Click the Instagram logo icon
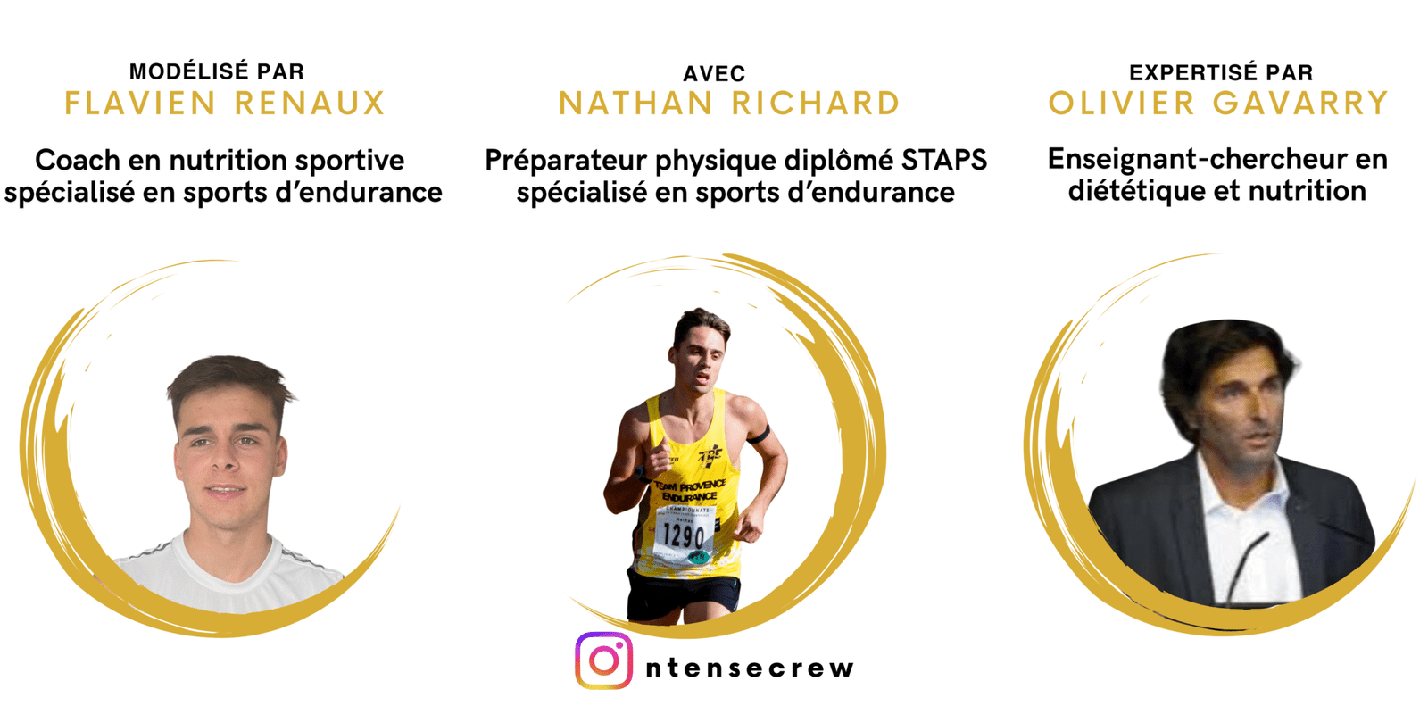tap(603, 660)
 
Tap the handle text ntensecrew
tap(750, 668)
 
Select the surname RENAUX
tap(310, 104)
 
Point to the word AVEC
tap(714, 74)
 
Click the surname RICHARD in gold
tap(816, 104)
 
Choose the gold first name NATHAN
tap(635, 104)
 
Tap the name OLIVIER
tap(1122, 104)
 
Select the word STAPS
tap(943, 160)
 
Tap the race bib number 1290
tap(684, 535)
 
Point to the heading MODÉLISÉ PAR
tap(217, 71)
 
